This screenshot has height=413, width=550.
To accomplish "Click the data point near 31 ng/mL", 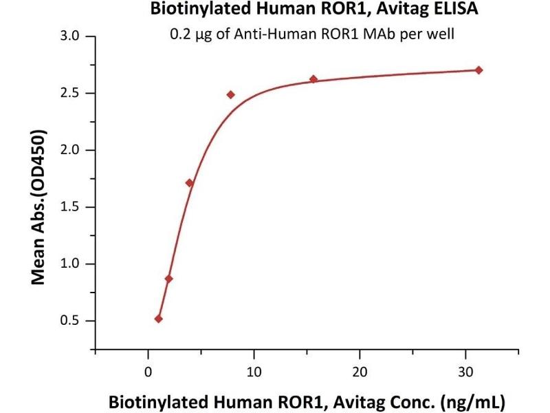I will pos(479,70).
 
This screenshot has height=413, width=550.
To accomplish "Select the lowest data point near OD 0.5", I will pos(159,319).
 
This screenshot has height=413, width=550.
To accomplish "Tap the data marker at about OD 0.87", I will pos(169,279).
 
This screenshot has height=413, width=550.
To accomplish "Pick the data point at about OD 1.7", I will pos(190,183).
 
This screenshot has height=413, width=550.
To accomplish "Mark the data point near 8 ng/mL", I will pos(231,94).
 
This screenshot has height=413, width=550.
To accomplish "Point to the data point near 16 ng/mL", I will pos(313,79).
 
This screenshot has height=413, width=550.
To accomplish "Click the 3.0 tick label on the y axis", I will pos(74,36).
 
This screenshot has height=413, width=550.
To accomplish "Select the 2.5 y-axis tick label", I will pos(74,93).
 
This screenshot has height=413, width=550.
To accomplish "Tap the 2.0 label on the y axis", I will pos(74,150).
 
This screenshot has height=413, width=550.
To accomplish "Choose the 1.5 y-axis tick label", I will pos(74,207).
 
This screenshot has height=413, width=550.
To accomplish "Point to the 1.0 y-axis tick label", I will pos(74,264).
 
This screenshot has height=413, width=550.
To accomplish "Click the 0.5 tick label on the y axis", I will pos(74,321).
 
